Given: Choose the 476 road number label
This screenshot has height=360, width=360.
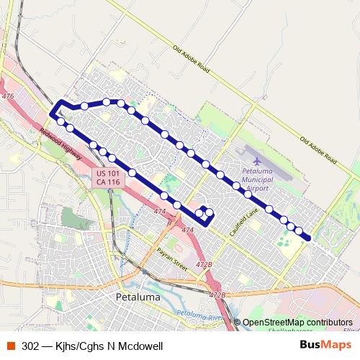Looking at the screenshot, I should (8, 96).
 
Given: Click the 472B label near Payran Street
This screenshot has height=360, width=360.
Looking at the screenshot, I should (204, 265).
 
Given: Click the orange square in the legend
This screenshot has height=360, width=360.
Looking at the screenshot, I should (11, 346).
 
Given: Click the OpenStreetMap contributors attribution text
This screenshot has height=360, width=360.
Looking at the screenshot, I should (297, 322).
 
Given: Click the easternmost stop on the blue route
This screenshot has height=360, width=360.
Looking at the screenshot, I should (307, 237).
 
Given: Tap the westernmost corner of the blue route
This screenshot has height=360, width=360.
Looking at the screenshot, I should (51, 114).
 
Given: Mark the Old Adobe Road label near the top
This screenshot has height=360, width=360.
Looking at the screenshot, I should (190, 59).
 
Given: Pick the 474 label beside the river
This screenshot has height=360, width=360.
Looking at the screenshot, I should (159, 212).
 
